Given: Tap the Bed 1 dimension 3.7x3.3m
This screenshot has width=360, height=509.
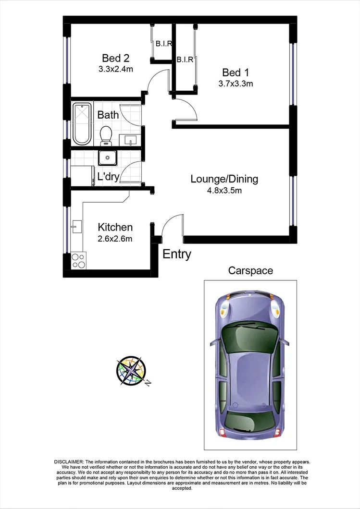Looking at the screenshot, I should (235, 84).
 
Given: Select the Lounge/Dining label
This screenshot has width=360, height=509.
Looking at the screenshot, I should (224, 179).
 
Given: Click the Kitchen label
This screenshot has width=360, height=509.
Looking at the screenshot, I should (115, 227).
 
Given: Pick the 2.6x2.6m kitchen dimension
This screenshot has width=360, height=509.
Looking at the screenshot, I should (115, 238).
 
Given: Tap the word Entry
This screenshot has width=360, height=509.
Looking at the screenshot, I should (177, 254).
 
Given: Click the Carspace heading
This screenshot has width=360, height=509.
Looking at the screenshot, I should (250, 270).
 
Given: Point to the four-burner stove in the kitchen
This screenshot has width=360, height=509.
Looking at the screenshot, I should (78, 260).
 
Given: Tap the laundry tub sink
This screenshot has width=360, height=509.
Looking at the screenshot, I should (106, 158).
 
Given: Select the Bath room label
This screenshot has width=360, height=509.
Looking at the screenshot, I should (108, 115).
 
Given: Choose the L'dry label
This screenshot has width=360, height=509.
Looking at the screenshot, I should (108, 176).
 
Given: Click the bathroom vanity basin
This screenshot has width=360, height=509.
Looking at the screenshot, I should (130, 140).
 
